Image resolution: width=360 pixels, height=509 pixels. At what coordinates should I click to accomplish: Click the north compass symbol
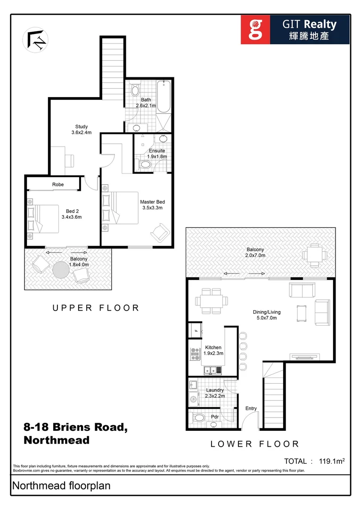[35, 39]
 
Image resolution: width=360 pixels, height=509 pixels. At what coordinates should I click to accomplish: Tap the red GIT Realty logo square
[256, 29]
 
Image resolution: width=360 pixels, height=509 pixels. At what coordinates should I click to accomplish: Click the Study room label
[82, 126]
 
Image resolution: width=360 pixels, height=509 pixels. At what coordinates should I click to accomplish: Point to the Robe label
[58, 184]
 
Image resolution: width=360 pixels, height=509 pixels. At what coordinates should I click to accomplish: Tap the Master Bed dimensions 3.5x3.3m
[152, 208]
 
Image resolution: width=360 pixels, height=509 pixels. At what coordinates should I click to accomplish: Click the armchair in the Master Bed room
[160, 232]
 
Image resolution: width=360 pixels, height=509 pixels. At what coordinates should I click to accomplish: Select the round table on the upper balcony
[61, 270]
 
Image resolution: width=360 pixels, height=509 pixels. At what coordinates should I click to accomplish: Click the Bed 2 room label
[72, 211]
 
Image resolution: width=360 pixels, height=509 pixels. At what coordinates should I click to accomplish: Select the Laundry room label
[215, 390]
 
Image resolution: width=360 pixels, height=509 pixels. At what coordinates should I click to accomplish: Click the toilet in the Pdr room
[199, 418]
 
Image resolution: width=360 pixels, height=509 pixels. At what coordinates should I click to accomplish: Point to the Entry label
[251, 408]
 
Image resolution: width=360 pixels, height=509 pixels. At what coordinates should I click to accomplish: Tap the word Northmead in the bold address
[56, 440]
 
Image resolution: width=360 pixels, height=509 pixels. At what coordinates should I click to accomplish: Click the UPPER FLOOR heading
[96, 308]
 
